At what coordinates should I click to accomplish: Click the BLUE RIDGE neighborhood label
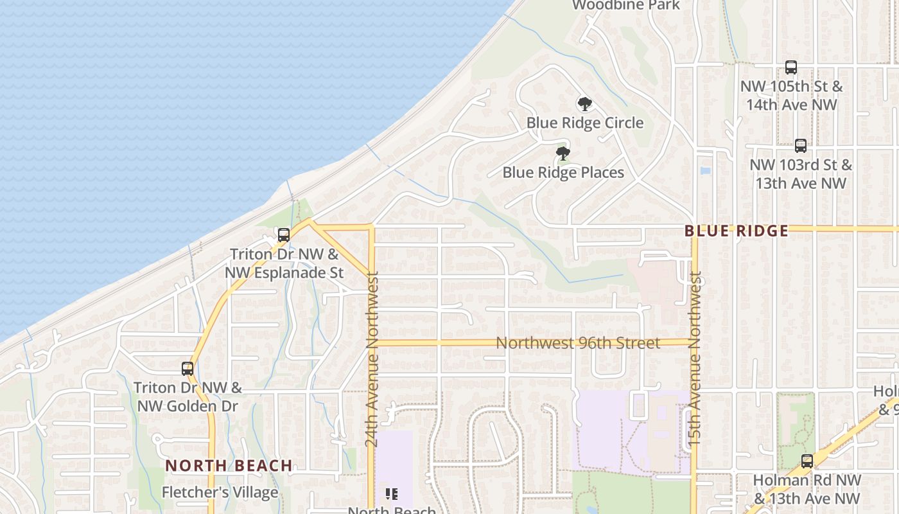pyautogui.click(x=736, y=231)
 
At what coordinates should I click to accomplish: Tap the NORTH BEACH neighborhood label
pyautogui.click(x=229, y=466)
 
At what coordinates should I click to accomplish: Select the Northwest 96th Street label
pyautogui.click(x=578, y=343)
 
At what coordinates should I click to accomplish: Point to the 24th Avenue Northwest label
pyautogui.click(x=372, y=360)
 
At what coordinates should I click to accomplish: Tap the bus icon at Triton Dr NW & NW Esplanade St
pyautogui.click(x=284, y=235)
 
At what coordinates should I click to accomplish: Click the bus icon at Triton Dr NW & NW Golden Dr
pyautogui.click(x=188, y=369)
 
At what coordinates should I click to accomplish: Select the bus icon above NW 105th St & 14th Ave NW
pyautogui.click(x=791, y=67)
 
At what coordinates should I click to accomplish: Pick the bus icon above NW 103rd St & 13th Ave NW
pyautogui.click(x=800, y=146)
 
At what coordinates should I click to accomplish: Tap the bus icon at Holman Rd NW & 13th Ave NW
pyautogui.click(x=807, y=461)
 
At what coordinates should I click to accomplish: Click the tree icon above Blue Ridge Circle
pyautogui.click(x=584, y=103)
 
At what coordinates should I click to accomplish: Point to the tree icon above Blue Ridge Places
pyautogui.click(x=563, y=154)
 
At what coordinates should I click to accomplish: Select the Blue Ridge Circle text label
pyautogui.click(x=585, y=123)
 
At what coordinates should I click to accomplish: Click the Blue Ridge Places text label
pyautogui.click(x=563, y=173)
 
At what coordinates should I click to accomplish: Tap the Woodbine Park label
pyautogui.click(x=625, y=5)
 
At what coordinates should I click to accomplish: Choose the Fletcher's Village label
pyautogui.click(x=220, y=493)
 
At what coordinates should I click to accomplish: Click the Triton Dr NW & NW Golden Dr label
pyautogui.click(x=188, y=397)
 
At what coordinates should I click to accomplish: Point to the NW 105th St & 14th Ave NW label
pyautogui.click(x=791, y=95)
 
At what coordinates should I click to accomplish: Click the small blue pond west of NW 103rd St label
pyautogui.click(x=706, y=172)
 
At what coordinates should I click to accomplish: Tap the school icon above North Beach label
pyautogui.click(x=392, y=493)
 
